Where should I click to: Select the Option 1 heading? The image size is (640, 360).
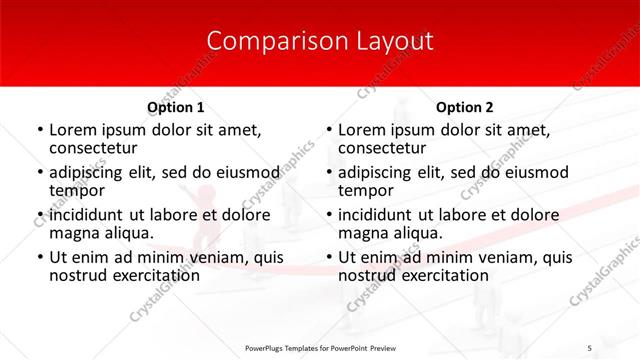pyautogui.click(x=175, y=107)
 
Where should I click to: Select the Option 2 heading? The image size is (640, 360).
pyautogui.click(x=465, y=107)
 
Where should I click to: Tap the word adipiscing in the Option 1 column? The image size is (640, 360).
pyautogui.click(x=91, y=172)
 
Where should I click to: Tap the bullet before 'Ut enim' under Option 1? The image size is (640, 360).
pyautogui.click(x=40, y=257)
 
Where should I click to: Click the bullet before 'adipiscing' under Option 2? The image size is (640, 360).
pyautogui.click(x=330, y=172)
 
